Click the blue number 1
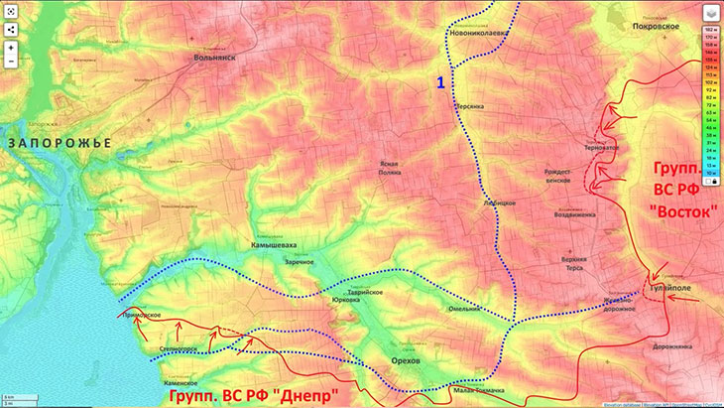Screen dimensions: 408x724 (439, 81)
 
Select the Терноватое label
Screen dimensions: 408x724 (601, 148)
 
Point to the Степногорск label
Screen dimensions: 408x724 (179, 349)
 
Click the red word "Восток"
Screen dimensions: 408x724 (682, 211)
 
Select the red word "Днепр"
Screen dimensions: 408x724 (308, 396)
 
